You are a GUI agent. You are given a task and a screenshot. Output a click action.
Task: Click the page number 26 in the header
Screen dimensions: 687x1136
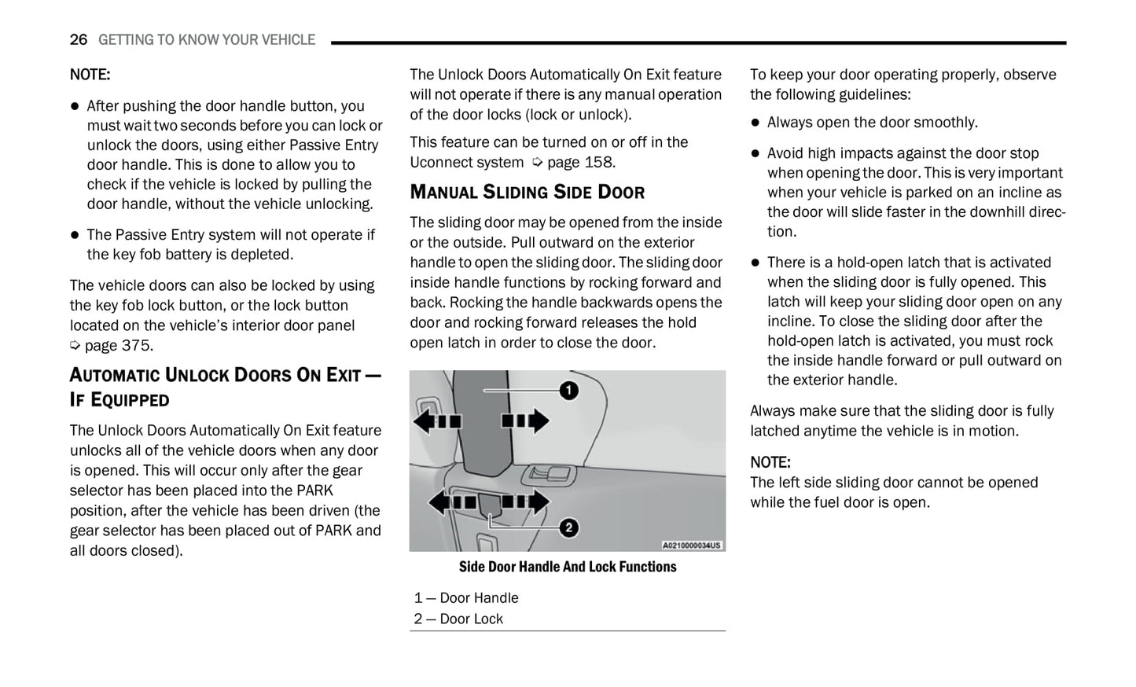point(78,39)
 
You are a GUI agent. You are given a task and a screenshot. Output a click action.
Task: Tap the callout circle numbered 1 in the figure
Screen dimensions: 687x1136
point(568,390)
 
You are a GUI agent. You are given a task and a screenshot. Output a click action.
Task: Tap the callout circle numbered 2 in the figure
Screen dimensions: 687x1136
point(568,528)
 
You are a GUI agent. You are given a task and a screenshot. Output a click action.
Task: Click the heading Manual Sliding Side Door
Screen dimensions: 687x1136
point(527,192)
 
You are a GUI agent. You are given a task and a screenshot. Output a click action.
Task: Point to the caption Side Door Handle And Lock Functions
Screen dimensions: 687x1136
point(567,567)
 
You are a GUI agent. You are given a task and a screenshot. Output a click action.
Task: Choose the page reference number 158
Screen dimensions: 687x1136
point(600,162)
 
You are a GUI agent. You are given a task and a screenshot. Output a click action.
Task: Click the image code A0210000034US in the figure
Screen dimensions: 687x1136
point(691,545)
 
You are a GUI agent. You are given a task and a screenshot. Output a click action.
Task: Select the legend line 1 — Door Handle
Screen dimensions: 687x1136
point(466,598)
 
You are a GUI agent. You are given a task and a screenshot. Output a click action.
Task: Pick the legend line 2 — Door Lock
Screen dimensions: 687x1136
point(458,619)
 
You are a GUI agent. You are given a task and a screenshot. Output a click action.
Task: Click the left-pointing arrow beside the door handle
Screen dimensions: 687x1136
point(437,421)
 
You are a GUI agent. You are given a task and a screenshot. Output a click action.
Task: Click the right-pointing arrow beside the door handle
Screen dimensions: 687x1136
point(526,421)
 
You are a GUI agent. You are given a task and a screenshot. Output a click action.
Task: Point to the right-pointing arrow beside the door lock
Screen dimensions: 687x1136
point(526,501)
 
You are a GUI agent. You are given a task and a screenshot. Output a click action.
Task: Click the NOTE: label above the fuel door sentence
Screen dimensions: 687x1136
point(770,462)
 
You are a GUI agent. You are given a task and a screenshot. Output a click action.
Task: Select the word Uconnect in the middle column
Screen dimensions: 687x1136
point(441,162)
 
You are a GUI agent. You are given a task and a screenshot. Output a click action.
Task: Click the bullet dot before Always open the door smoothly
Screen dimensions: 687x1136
point(755,123)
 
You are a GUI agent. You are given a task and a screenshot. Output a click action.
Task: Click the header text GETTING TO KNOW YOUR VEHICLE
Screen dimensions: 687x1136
point(207,39)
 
